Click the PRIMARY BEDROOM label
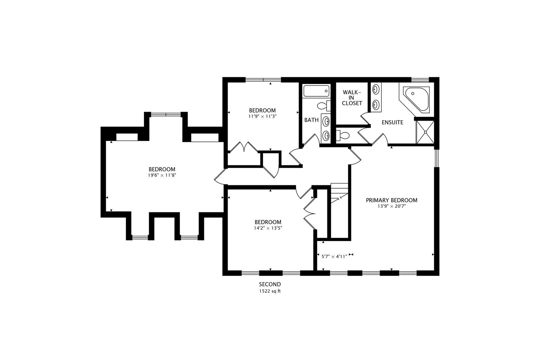391,200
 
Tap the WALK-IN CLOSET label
352,97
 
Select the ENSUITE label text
392,122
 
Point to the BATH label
311,120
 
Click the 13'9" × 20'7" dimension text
391,206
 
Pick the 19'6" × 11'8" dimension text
162,175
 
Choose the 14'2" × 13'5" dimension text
268,228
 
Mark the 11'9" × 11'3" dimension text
262,116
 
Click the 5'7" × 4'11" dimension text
334,256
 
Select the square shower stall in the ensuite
425,132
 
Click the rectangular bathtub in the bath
316,91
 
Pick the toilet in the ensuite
343,135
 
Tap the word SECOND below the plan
270,284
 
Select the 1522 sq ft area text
270,291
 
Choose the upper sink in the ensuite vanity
376,89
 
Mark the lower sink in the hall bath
326,135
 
